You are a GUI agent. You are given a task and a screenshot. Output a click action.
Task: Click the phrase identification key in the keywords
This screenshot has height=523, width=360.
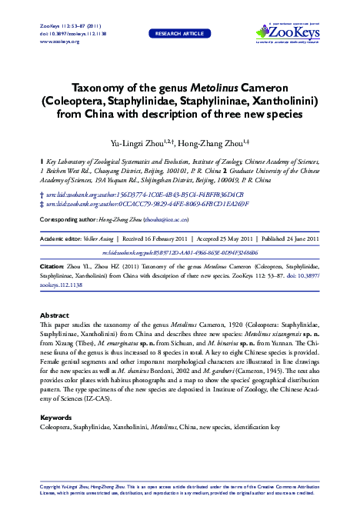point(257,426)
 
